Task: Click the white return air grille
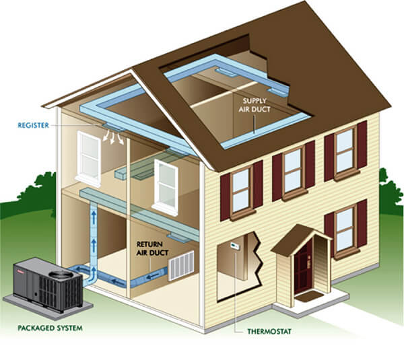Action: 180,265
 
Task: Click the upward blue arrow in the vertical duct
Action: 94,222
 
